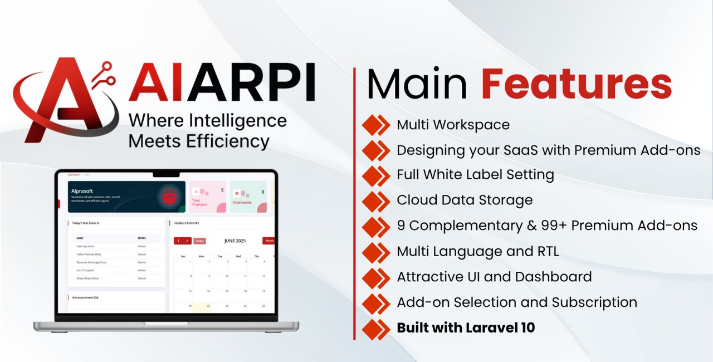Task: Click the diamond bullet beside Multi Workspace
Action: pos(376,125)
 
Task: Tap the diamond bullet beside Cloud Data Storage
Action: pos(376,200)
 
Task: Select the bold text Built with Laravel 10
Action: pos(466,327)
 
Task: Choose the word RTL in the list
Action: pos(543,251)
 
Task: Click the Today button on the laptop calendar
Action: pos(199,241)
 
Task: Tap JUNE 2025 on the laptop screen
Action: pos(235,241)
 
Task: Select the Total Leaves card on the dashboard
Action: pos(248,197)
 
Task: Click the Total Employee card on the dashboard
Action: pos(208,197)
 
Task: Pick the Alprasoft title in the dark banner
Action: pos(81,190)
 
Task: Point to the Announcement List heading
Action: pos(85,297)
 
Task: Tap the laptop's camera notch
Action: pos(166,174)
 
